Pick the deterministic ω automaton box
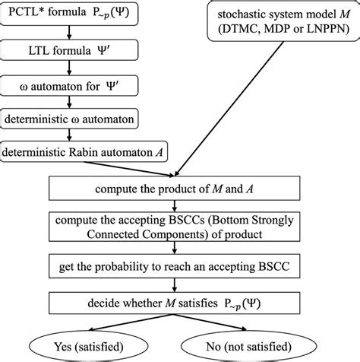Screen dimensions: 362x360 (69, 120)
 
